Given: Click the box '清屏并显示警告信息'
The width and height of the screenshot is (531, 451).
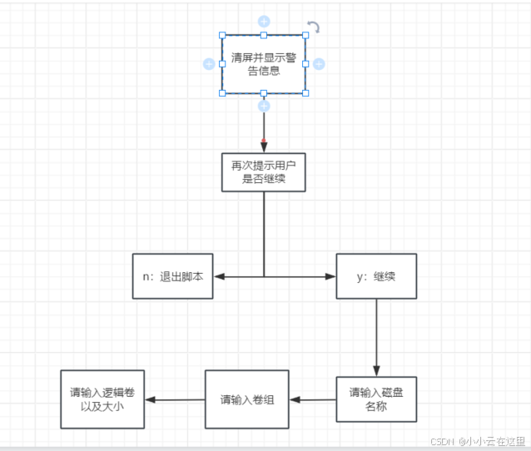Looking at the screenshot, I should point(263,64).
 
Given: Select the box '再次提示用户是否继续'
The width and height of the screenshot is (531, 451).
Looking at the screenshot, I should point(263,172).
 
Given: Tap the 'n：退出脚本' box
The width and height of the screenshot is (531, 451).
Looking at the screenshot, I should point(173,276).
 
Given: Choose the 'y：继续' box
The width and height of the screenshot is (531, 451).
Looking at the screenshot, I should point(375,276).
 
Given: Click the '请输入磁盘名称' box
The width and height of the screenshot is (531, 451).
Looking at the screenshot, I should point(376,399).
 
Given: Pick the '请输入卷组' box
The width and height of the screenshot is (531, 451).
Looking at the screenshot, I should point(247,399).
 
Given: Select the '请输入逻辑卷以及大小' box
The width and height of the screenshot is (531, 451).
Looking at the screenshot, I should point(103,399).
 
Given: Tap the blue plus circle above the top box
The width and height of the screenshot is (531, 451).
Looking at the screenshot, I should point(263,21).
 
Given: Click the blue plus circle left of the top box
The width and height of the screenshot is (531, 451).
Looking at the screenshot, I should point(208,63).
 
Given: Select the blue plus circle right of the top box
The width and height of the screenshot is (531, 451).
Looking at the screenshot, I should point(319,63).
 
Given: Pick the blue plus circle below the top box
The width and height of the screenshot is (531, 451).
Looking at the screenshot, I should point(263,107).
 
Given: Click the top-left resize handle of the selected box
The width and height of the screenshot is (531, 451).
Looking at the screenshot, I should point(222,35).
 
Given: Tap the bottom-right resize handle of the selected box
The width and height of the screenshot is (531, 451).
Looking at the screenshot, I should point(305,92).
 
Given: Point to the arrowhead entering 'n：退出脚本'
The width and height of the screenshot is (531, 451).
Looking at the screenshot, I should point(220,276).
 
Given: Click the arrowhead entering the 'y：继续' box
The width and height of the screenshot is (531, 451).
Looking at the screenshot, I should point(330,276).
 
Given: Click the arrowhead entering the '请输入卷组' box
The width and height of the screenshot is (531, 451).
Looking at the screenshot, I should point(294,399).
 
